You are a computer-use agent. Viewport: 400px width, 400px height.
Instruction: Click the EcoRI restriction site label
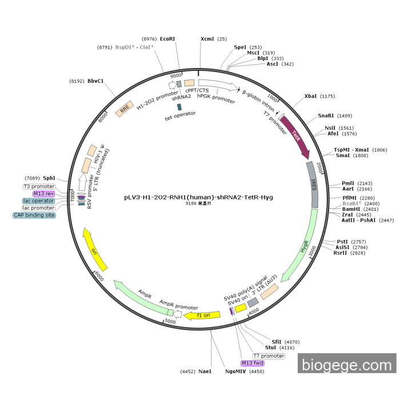(x=167, y=38)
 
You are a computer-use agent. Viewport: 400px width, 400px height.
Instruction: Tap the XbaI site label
(x=310, y=96)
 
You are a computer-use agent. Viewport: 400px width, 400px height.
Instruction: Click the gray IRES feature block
(x=313, y=184)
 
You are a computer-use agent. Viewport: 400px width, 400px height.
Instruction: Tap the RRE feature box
(x=125, y=110)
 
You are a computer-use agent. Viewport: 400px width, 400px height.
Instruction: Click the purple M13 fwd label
(x=253, y=363)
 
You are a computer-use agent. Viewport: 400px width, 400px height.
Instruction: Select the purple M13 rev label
(x=43, y=194)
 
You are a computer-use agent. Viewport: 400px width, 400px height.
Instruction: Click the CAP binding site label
(x=34, y=215)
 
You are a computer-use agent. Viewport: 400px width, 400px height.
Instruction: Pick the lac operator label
(x=38, y=201)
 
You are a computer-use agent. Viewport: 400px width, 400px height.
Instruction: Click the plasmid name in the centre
(x=198, y=197)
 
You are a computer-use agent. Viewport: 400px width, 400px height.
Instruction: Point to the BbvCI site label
(x=95, y=81)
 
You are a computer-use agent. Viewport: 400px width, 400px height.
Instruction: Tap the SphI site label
(x=49, y=178)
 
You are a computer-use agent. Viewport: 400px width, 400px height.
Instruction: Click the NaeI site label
(x=205, y=371)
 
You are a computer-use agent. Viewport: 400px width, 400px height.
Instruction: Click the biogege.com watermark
(x=347, y=363)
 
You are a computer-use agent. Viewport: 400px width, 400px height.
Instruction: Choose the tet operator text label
(x=180, y=113)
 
